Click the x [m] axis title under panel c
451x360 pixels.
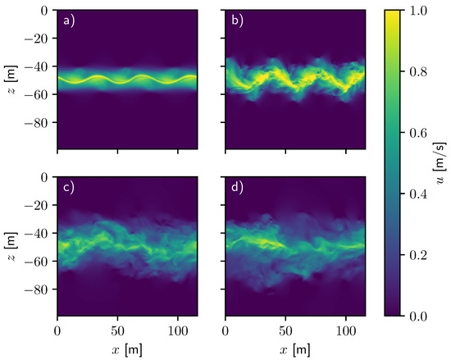126,349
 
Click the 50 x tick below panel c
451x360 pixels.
117,332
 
